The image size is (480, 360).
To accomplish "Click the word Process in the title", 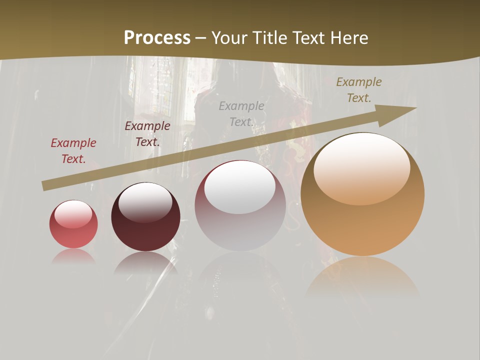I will pyautogui.click(x=157, y=38).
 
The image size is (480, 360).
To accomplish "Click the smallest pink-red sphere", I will pyautogui.click(x=73, y=224).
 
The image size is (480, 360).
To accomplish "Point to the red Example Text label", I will pyautogui.click(x=73, y=151).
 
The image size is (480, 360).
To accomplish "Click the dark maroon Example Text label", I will pyautogui.click(x=147, y=134).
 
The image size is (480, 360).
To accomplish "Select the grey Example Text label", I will pyautogui.click(x=241, y=114).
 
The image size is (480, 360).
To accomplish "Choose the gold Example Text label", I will pyautogui.click(x=359, y=90).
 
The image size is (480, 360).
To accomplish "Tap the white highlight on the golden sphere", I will pyautogui.click(x=362, y=167).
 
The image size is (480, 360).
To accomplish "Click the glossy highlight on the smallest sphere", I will pyautogui.click(x=73, y=213).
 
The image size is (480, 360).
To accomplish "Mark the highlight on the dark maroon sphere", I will pyautogui.click(x=145, y=201).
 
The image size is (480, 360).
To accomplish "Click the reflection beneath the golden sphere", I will pyautogui.click(x=362, y=275).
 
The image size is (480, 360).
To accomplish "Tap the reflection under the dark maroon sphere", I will pyautogui.click(x=145, y=263).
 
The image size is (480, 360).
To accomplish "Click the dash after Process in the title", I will pyautogui.click(x=201, y=38).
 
